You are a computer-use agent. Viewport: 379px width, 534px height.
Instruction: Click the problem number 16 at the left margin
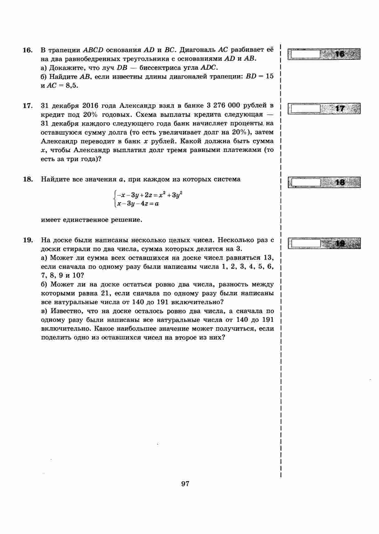[27, 50]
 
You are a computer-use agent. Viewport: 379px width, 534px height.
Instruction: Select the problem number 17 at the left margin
[27, 106]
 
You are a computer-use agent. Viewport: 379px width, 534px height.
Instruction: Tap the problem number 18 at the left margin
[27, 179]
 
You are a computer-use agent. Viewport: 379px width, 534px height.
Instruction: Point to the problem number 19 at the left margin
[27, 240]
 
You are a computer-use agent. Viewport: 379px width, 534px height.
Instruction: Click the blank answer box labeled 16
[305, 54]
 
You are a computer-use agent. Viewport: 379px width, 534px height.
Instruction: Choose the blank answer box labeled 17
[305, 109]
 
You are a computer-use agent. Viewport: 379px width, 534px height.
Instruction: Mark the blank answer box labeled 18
[305, 182]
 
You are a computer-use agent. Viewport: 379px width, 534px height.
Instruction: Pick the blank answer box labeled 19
[305, 243]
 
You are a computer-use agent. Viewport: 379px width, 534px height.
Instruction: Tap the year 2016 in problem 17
[90, 105]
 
